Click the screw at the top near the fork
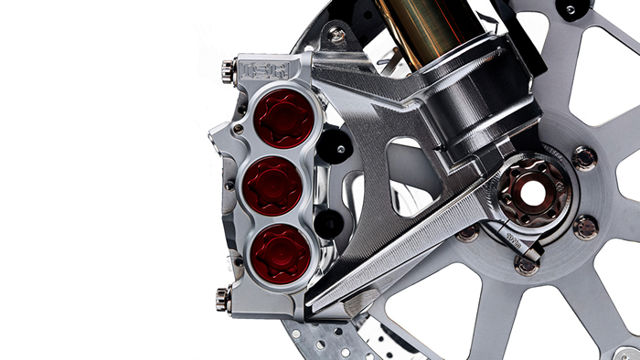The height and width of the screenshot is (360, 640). coord(338,35)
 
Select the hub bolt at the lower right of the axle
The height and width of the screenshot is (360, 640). coord(585,226)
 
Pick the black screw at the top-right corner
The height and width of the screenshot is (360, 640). coord(571,10)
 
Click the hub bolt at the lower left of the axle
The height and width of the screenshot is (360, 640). coord(468,233)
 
